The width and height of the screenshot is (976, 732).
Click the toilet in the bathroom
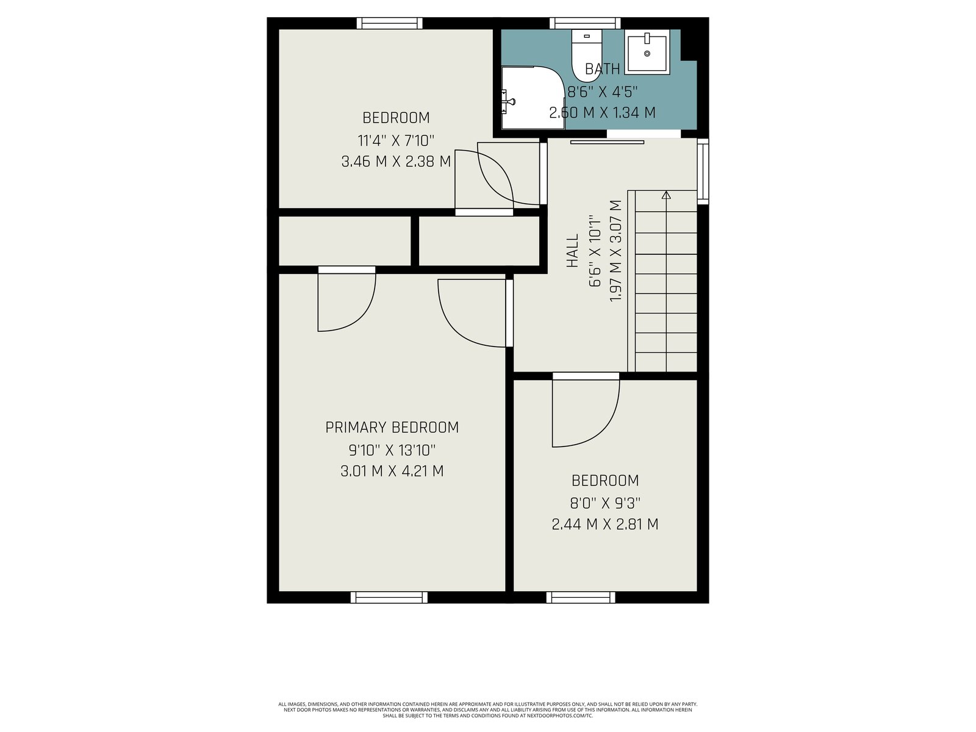click(586, 56)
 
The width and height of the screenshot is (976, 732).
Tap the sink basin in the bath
click(647, 52)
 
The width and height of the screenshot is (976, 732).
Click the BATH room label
click(602, 69)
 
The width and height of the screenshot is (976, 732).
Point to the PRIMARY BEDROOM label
click(392, 427)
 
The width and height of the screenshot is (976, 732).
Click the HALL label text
click(572, 251)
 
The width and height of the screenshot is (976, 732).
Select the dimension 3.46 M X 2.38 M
click(396, 161)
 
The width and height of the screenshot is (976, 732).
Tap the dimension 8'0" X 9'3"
click(605, 503)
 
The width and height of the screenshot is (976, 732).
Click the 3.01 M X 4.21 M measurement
click(392, 471)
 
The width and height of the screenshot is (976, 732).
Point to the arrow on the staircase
click(666, 281)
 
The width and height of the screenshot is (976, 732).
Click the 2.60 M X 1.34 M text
click(602, 112)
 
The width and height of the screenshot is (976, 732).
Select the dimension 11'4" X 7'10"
click(396, 140)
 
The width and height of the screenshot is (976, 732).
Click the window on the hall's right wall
click(703, 171)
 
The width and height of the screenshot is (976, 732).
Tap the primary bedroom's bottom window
click(389, 597)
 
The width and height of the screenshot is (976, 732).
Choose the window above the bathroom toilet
click(585, 23)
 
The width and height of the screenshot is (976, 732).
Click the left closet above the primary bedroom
click(345, 241)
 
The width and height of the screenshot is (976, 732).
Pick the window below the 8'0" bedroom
click(581, 597)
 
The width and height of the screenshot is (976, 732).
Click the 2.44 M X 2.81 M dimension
click(605, 524)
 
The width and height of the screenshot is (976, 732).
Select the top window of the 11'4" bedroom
click(390, 23)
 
